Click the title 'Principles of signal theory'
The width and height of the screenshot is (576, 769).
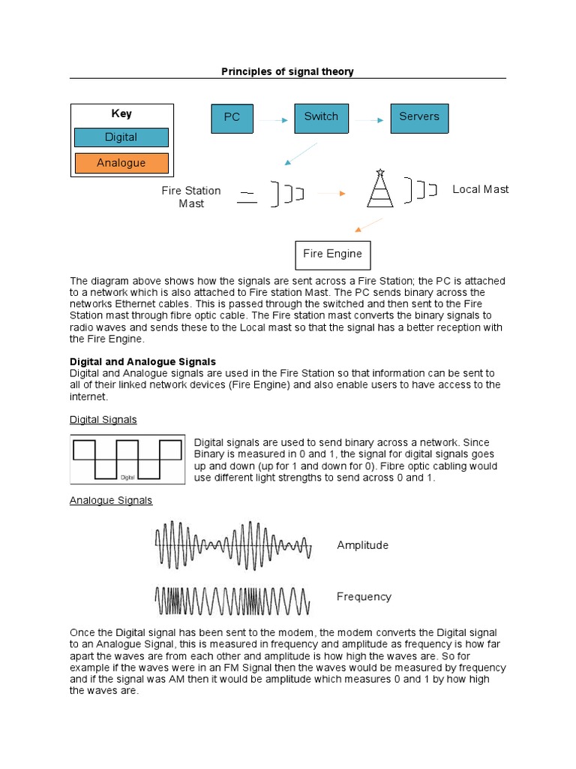[287, 71]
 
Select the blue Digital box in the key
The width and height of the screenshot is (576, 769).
[121, 137]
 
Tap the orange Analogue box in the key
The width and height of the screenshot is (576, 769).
[121, 163]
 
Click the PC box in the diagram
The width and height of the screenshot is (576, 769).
[232, 118]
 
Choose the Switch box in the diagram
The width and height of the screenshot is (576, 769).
[321, 118]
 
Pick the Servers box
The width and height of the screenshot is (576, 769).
[419, 118]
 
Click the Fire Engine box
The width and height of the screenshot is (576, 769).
[332, 255]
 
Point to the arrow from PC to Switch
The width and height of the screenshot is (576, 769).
[274, 119]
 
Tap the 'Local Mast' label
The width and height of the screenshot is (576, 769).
[480, 189]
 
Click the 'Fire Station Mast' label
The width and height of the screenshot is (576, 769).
[191, 197]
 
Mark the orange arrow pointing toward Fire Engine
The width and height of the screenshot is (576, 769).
[368, 225]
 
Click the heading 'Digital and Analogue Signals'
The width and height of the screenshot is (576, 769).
[142, 361]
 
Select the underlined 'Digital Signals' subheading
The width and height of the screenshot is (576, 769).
[103, 419]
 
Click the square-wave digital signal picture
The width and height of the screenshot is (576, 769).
[127, 459]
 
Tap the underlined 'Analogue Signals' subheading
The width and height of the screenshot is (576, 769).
[110, 499]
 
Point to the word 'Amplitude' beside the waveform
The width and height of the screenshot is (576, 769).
[363, 545]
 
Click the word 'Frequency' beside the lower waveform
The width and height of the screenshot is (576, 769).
[364, 596]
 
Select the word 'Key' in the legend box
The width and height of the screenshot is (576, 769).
[121, 113]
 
